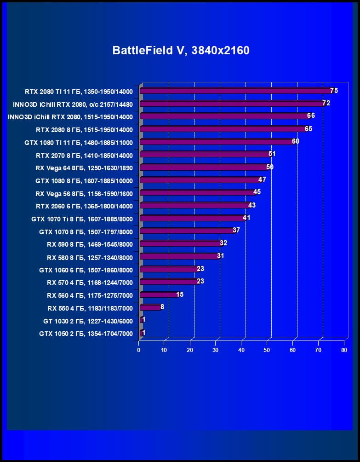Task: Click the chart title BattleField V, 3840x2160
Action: pyautogui.click(x=181, y=50)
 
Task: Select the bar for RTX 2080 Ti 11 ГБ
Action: pyautogui.click(x=235, y=91)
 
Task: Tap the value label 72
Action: pyautogui.click(x=326, y=103)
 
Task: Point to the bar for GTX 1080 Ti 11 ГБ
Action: pyautogui.click(x=216, y=142)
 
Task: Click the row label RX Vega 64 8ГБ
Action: pyautogui.click(x=84, y=167)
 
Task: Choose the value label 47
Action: pyautogui.click(x=262, y=179)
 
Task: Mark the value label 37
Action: pyautogui.click(x=236, y=230)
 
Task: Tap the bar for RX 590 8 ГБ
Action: pyautogui.click(x=181, y=244)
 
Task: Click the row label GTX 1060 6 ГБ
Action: pyautogui.click(x=86, y=270)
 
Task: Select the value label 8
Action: pyautogui.click(x=162, y=306)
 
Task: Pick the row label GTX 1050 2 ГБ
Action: pyautogui.click(x=86, y=334)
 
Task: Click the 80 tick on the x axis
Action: pyautogui.click(x=344, y=350)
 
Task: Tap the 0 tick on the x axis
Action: pyautogui.click(x=139, y=350)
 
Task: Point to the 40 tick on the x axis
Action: pyautogui.click(x=241, y=350)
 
